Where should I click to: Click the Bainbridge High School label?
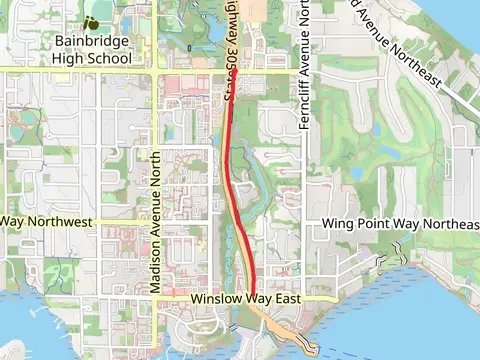click(x=93, y=50)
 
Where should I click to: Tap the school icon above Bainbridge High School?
click(x=92, y=21)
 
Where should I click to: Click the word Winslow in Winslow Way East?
click(x=218, y=299)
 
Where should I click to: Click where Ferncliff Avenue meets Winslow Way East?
click(x=305, y=298)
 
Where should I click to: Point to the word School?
click(x=109, y=58)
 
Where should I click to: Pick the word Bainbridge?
click(x=93, y=42)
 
